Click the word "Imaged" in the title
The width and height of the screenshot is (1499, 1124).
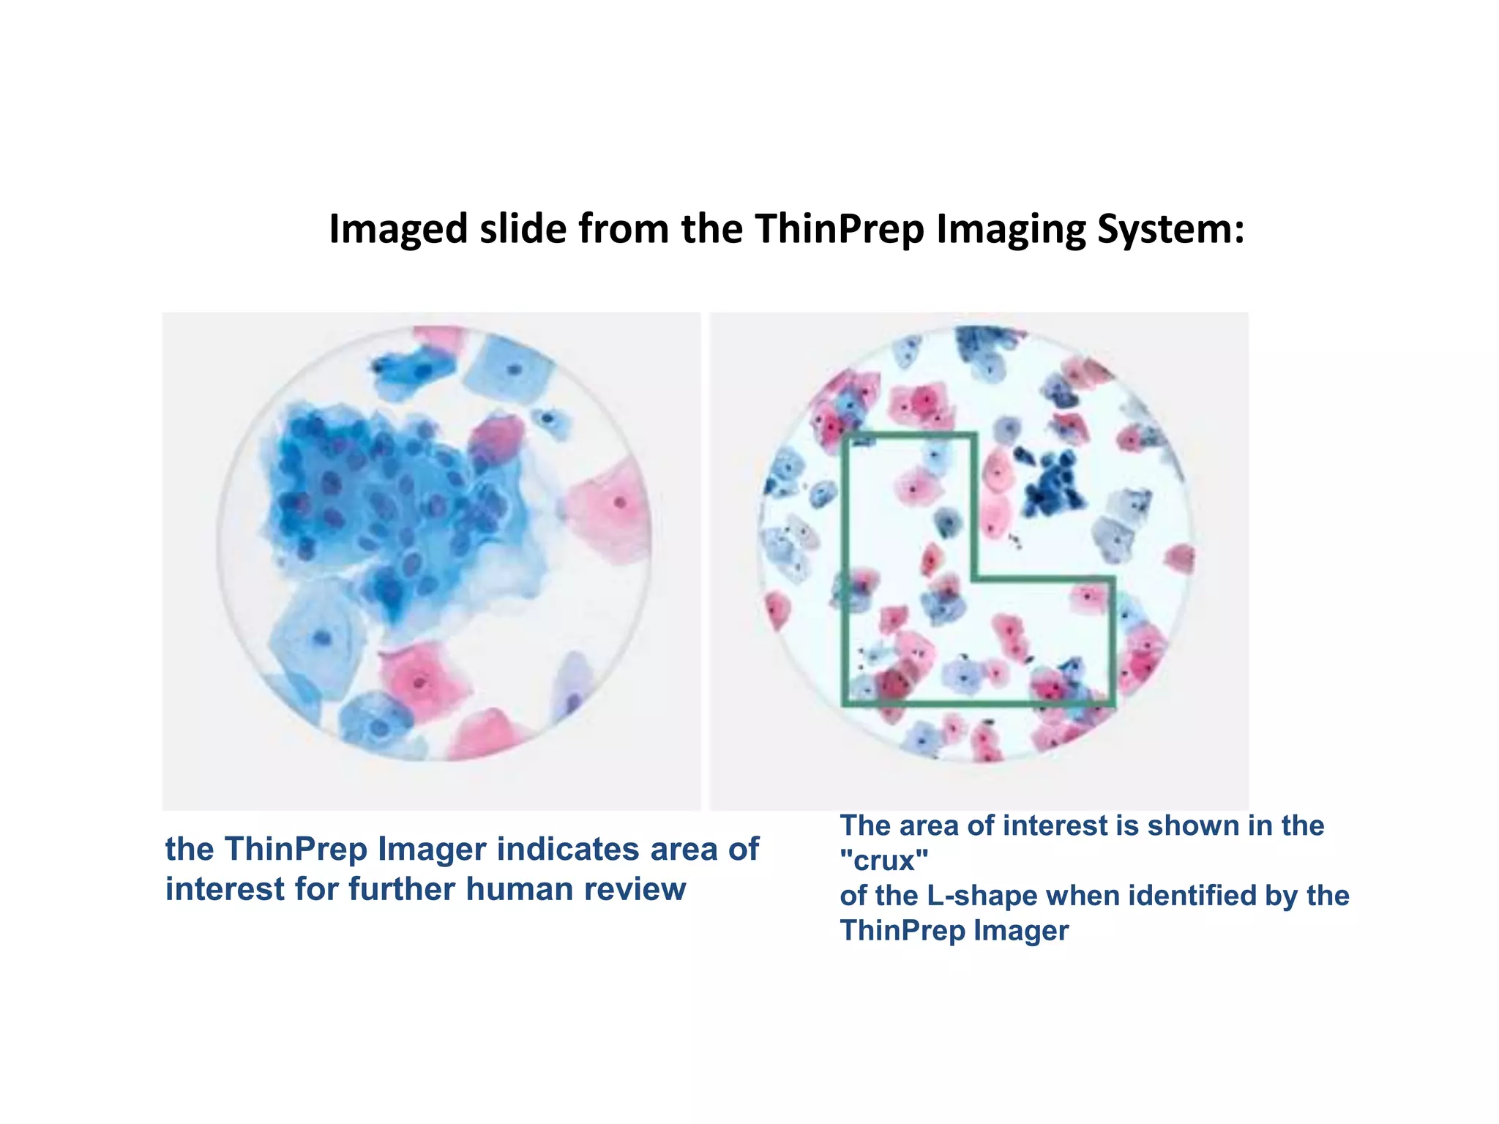tap(397, 229)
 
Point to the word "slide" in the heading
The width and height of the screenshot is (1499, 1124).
tap(523, 229)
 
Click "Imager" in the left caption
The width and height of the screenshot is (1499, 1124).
tap(431, 850)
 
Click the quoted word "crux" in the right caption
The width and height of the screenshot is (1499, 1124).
tap(884, 861)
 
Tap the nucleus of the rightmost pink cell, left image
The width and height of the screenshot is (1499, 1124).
tap(620, 503)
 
